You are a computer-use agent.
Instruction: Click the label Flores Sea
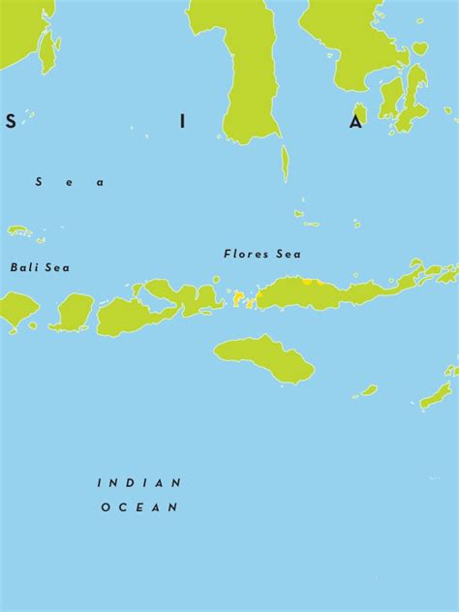click(261, 255)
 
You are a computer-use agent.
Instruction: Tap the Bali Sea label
click(40, 267)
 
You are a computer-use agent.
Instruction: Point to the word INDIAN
click(139, 482)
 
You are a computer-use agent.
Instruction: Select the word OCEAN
click(139, 506)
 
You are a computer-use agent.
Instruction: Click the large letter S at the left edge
click(11, 122)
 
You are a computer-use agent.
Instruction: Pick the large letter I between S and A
click(182, 122)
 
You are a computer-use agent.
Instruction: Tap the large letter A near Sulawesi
click(356, 122)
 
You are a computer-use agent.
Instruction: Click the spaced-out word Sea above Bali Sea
click(69, 182)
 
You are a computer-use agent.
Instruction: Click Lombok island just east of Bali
click(73, 312)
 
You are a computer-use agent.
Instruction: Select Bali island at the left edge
click(16, 309)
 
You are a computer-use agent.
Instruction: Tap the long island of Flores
click(329, 291)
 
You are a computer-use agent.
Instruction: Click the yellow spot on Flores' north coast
click(308, 281)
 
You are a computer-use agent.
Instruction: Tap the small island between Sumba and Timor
click(368, 390)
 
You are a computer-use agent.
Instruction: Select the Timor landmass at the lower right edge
click(437, 392)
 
